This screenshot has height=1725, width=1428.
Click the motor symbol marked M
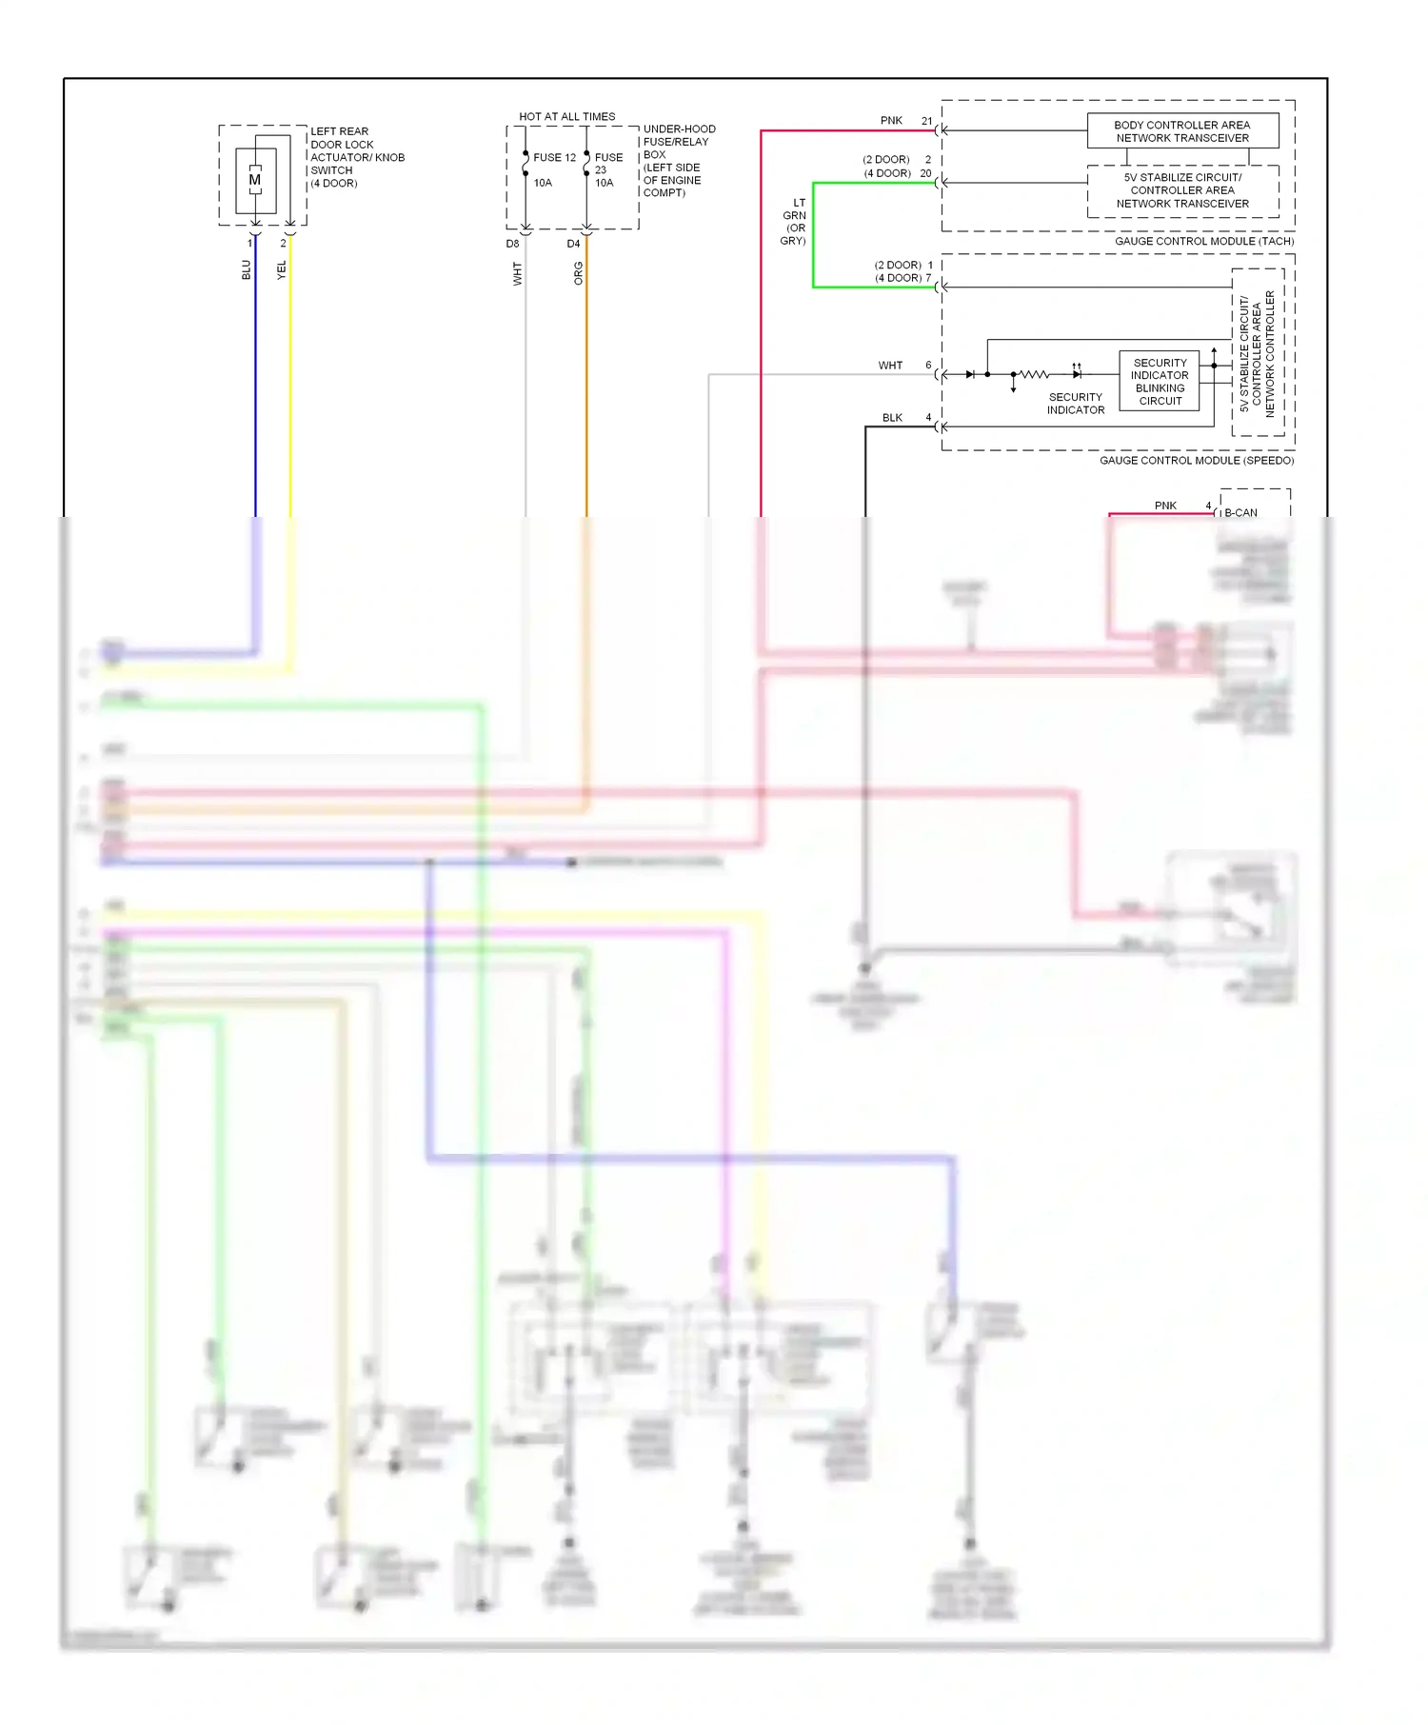point(254,180)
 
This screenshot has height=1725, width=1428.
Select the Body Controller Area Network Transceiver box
point(1182,131)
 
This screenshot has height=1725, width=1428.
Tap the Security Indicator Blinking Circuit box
point(1160,382)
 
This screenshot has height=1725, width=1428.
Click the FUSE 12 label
point(554,158)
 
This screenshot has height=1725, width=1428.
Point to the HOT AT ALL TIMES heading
point(566,117)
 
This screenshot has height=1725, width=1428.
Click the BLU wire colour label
point(246,269)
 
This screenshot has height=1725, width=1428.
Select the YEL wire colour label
point(281,269)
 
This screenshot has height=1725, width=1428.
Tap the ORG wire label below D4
point(578,273)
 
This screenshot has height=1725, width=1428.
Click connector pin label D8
point(512,245)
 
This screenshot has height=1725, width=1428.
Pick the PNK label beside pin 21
point(891,121)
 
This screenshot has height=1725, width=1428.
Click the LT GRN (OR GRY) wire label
point(794,222)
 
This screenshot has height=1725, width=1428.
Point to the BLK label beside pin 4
point(892,418)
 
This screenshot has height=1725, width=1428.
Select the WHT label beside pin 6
point(890,366)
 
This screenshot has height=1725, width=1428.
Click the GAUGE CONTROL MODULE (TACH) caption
point(1203,242)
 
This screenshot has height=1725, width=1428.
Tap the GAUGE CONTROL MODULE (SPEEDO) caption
point(1196,461)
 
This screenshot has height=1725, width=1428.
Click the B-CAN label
point(1240,513)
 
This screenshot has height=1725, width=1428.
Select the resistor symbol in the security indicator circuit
point(1034,374)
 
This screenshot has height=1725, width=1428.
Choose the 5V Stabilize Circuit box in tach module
point(1182,190)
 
